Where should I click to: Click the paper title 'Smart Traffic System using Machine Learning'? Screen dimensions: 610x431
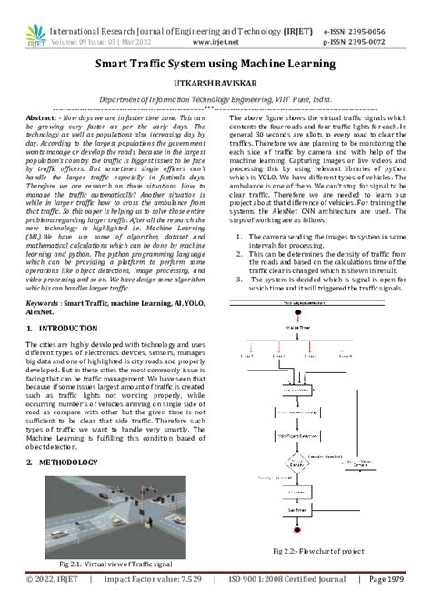pyautogui.click(x=215, y=65)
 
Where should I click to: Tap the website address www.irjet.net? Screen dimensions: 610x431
pyautogui.click(x=215, y=42)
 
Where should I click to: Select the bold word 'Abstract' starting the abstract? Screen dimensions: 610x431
pyautogui.click(x=41, y=119)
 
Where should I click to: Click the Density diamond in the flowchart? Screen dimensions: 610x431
pyautogui.click(x=296, y=463)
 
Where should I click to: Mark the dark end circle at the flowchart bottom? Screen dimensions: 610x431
pyautogui.click(x=296, y=532)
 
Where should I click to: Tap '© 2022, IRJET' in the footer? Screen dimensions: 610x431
pyautogui.click(x=55, y=602)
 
